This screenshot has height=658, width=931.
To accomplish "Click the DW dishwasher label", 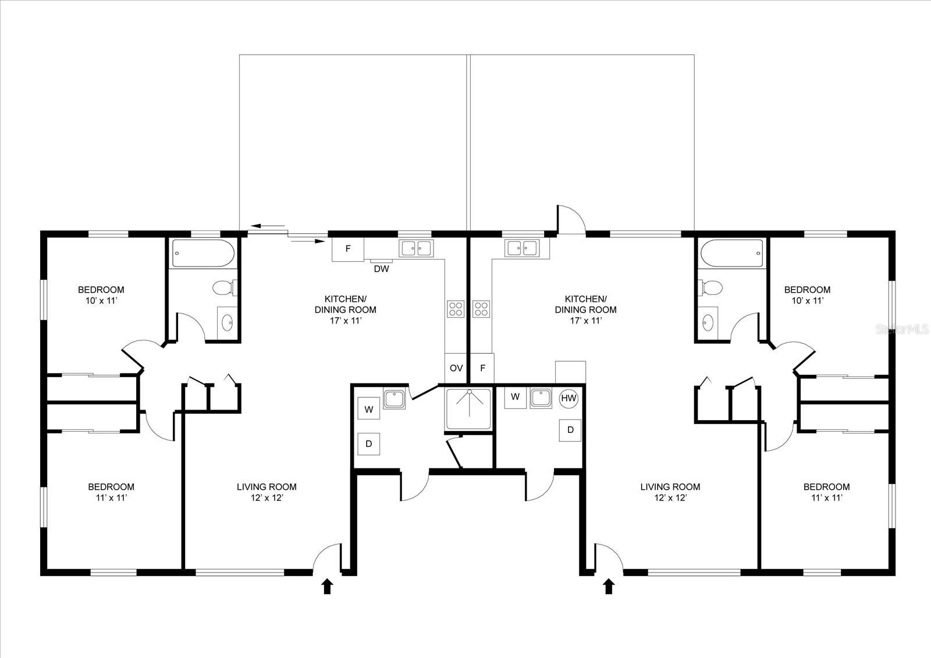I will pyautogui.click(x=381, y=269).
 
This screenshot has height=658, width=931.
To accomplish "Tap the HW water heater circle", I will pyautogui.click(x=568, y=399).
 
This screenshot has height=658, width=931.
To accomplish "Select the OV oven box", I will pyautogui.click(x=456, y=368).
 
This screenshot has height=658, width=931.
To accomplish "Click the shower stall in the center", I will pyautogui.click(x=468, y=410).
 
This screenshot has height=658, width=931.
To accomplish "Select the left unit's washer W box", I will pyautogui.click(x=368, y=409).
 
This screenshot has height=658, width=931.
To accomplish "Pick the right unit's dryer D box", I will pyautogui.click(x=570, y=430).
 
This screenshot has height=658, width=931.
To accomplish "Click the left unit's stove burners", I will pyautogui.click(x=456, y=308).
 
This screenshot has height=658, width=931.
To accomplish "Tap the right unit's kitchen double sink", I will pyautogui.click(x=522, y=248).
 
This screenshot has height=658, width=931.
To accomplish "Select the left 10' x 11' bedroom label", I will pyautogui.click(x=101, y=295).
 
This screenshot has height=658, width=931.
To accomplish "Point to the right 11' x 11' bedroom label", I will pyautogui.click(x=826, y=492).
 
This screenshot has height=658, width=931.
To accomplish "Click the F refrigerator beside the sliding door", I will pyautogui.click(x=348, y=249).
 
